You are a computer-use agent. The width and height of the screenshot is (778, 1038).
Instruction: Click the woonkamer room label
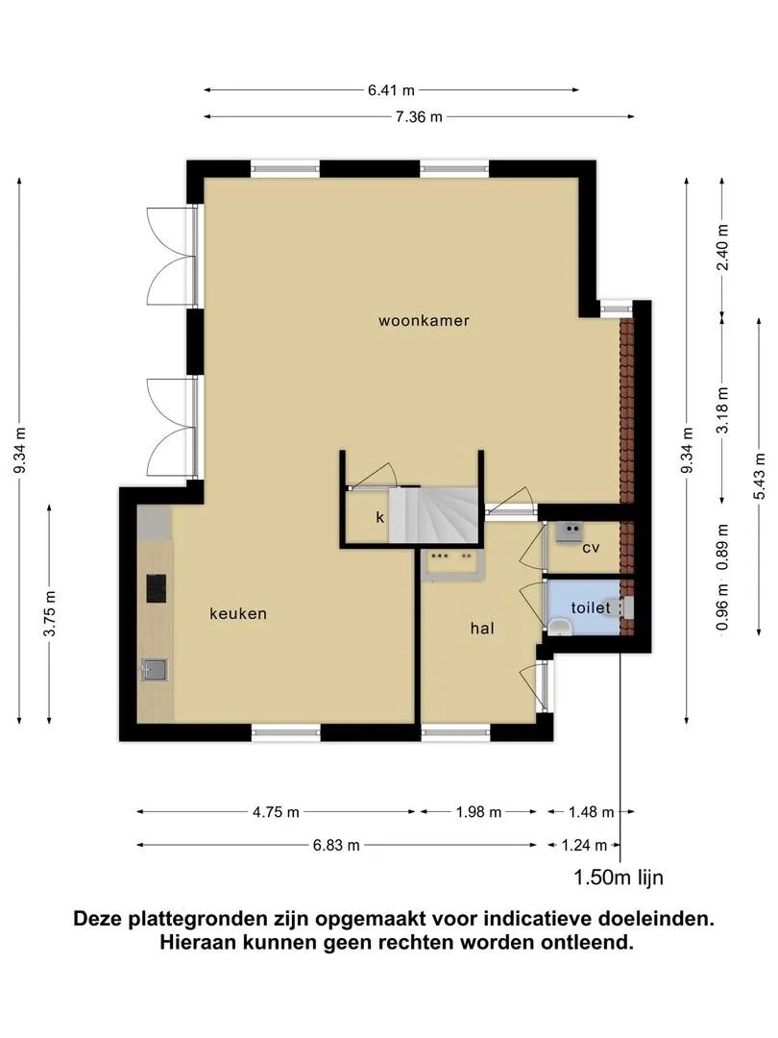tap(424, 321)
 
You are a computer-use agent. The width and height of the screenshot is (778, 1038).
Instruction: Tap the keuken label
tap(238, 613)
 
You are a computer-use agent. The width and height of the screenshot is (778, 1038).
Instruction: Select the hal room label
tap(482, 629)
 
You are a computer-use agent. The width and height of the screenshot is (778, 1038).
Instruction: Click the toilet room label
tap(590, 607)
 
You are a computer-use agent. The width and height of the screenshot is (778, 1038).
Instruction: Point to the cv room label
tap(591, 548)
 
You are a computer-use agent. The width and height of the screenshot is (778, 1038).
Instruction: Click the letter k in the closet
tap(379, 517)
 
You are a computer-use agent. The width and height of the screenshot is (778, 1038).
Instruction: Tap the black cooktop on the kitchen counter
tap(157, 588)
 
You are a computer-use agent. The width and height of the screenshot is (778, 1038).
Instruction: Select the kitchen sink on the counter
tap(154, 669)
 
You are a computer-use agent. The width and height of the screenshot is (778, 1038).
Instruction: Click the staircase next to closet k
tap(433, 514)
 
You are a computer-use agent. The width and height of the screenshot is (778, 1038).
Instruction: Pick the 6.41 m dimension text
tap(391, 90)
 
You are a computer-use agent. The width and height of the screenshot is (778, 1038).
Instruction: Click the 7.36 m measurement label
tap(419, 117)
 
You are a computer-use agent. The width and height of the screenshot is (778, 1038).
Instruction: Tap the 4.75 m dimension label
tap(276, 812)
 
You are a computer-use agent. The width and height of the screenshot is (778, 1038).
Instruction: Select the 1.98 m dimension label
tap(478, 812)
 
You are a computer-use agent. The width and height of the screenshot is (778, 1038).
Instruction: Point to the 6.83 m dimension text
tap(336, 846)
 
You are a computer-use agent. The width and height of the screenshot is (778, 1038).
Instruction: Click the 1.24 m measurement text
tap(584, 846)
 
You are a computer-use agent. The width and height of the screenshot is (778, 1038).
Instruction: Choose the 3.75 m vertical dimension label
tap(50, 613)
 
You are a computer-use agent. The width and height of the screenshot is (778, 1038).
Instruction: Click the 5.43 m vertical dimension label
tap(759, 477)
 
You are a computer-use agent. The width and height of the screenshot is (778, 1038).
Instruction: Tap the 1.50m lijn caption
tap(618, 877)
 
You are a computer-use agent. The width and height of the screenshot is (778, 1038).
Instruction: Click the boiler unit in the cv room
tap(569, 532)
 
